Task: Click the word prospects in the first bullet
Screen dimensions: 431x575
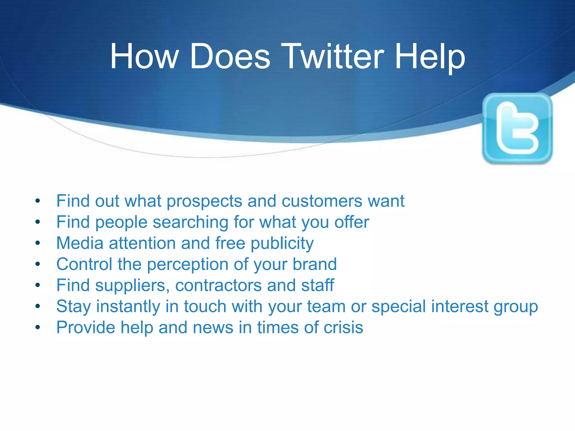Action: click(204, 201)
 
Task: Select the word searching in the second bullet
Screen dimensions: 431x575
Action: click(190, 223)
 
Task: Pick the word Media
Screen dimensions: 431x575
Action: click(80, 243)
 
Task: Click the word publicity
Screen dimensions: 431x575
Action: click(282, 244)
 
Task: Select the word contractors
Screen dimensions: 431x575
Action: click(218, 285)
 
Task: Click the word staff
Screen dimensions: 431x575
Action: click(318, 285)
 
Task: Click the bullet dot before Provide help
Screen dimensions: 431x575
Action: click(38, 327)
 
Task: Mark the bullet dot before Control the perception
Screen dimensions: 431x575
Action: click(38, 264)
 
